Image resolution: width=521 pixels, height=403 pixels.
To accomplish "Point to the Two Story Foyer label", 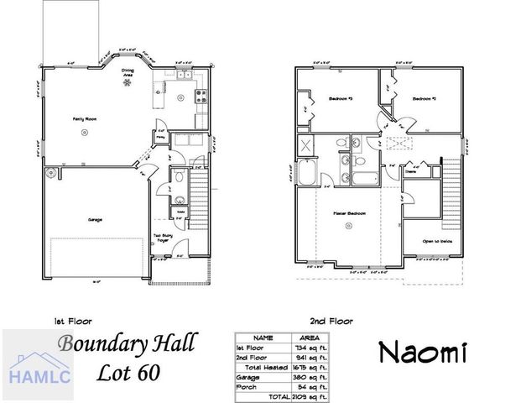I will [x=163, y=238].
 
